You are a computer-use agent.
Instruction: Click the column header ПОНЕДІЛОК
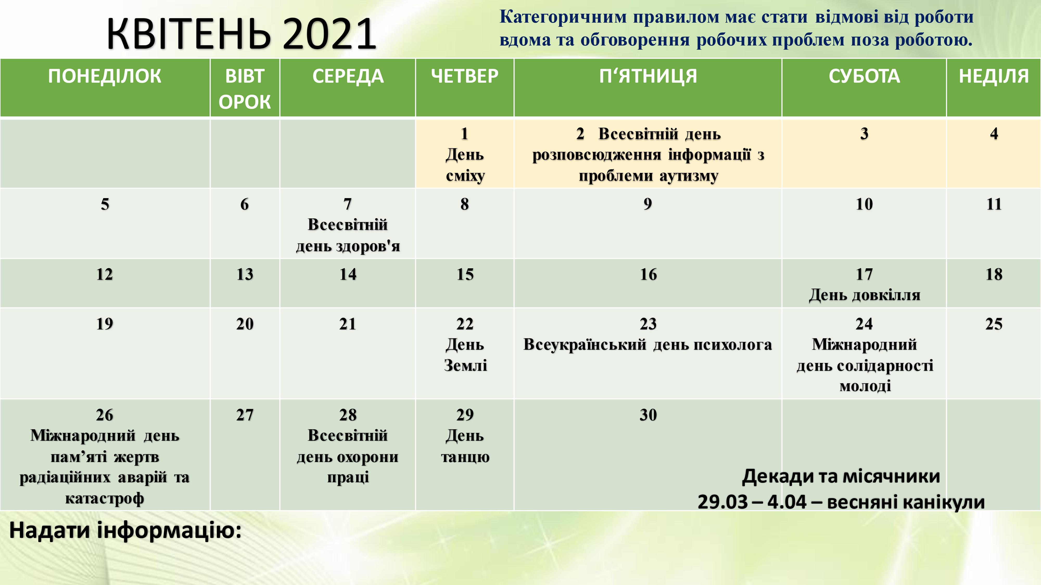coord(105,76)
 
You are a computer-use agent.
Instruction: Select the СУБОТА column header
coord(864,76)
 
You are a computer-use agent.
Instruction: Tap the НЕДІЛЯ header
coord(994,76)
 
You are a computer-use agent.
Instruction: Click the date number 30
coord(648,415)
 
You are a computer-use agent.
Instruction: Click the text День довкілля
coord(864,295)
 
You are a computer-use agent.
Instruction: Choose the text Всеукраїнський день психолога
coord(648,345)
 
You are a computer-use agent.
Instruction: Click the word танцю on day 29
coord(465,457)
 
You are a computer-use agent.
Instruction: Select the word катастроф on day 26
coord(105,499)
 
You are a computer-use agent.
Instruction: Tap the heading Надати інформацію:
coord(125,530)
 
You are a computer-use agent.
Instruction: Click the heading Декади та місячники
coord(841,476)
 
